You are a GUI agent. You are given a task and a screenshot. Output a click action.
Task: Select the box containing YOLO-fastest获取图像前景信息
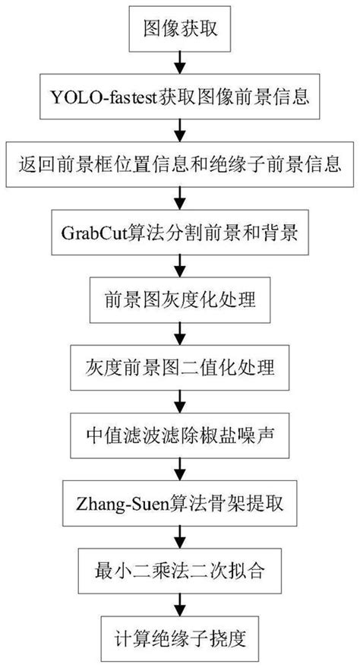(179, 97)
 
